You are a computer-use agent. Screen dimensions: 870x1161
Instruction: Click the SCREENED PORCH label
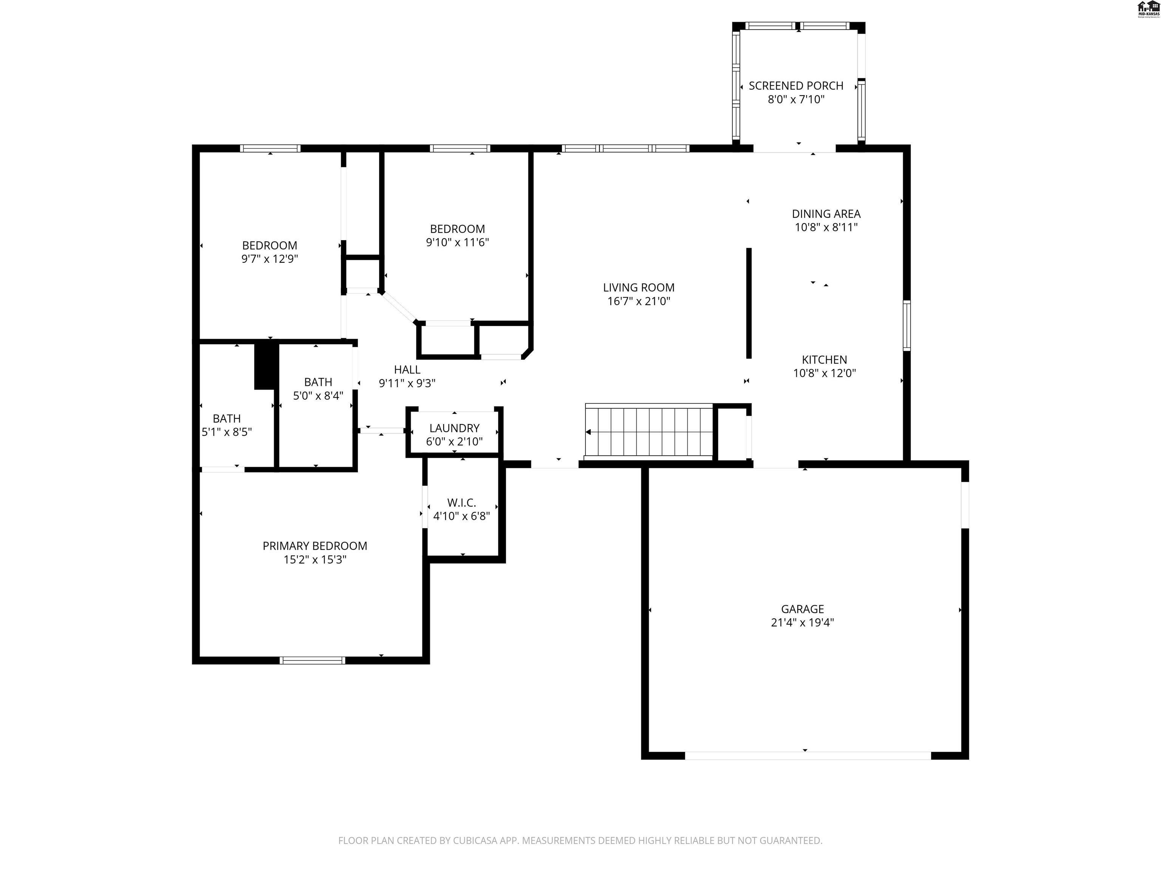(x=796, y=85)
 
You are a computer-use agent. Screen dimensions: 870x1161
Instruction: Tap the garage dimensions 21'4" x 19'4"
(x=802, y=622)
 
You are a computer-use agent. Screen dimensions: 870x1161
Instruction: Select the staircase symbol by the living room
(x=649, y=432)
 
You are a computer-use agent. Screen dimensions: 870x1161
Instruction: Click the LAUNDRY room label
(x=454, y=428)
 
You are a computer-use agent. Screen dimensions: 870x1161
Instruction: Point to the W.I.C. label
(x=461, y=502)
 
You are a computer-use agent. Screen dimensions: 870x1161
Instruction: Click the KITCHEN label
(x=824, y=360)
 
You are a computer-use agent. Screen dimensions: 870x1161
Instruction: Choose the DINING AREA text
(x=826, y=214)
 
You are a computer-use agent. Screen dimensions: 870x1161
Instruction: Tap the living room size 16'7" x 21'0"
(x=639, y=301)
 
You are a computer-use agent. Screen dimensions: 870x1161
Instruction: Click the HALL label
(x=407, y=370)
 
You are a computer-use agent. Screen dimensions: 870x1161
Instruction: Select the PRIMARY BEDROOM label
(x=314, y=546)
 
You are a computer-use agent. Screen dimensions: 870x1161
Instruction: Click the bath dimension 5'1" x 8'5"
(x=227, y=432)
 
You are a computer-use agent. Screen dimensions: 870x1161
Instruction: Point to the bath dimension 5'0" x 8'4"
(x=318, y=395)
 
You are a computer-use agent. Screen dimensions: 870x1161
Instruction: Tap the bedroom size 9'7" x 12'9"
(x=269, y=259)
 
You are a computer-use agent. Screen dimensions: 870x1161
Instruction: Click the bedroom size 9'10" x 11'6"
(x=457, y=242)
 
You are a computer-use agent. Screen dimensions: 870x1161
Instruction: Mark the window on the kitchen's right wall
(x=906, y=325)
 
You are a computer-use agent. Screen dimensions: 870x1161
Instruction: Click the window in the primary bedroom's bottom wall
(x=312, y=660)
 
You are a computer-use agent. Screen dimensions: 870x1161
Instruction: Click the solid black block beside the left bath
(x=266, y=366)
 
